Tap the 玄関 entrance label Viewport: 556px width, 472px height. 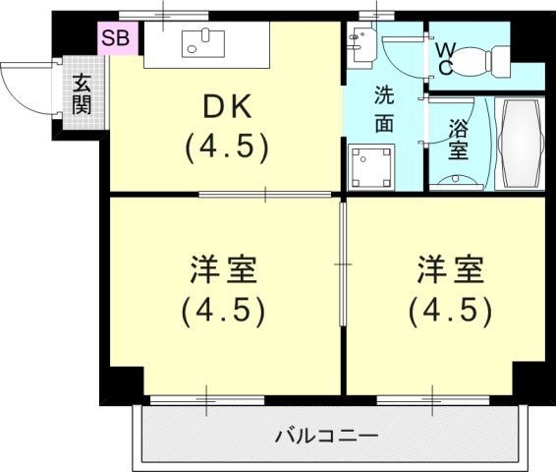click(x=81, y=94)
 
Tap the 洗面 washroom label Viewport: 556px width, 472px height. click(x=384, y=110)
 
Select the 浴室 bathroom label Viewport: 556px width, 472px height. click(x=458, y=141)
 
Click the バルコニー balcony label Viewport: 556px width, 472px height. click(x=327, y=434)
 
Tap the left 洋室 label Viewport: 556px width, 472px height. click(x=225, y=267)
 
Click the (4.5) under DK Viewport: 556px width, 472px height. click(x=226, y=147)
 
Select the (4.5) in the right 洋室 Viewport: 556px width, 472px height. click(x=451, y=312)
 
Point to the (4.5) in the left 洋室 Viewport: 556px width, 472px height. click(x=225, y=312)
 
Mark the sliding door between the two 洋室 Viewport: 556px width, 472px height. click(x=343, y=265)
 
